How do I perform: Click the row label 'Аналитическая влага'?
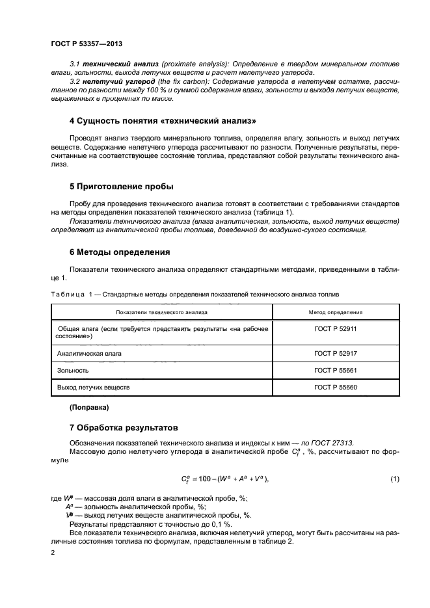click(x=88, y=353)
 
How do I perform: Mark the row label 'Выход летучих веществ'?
click(x=94, y=388)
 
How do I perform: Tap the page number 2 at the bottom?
click(x=53, y=552)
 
